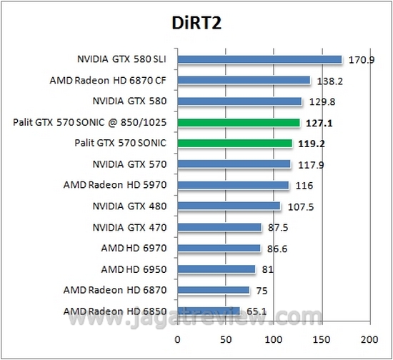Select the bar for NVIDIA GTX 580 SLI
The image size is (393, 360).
260,59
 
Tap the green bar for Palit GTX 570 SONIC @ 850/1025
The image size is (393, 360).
239,123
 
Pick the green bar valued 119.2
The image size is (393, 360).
235,144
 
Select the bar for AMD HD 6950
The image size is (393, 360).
217,269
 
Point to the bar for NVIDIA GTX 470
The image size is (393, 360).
219,227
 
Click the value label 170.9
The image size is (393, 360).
361,59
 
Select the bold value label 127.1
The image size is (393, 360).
319,123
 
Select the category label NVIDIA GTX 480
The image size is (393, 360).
129,206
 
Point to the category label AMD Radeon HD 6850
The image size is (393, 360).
114,311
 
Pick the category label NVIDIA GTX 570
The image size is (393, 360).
129,164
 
